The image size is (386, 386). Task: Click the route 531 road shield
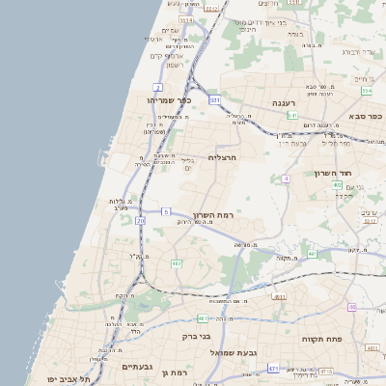[x=215, y=99]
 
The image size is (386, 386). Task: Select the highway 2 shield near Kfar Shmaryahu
[x=157, y=88]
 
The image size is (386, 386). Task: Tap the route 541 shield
[x=292, y=115]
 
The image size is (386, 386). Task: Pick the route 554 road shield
[x=367, y=91]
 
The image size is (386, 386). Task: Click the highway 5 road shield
[x=166, y=211]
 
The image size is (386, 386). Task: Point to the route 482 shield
[x=177, y=262]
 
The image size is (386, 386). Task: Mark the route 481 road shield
[x=202, y=317]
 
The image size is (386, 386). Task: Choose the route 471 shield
[x=273, y=369]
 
